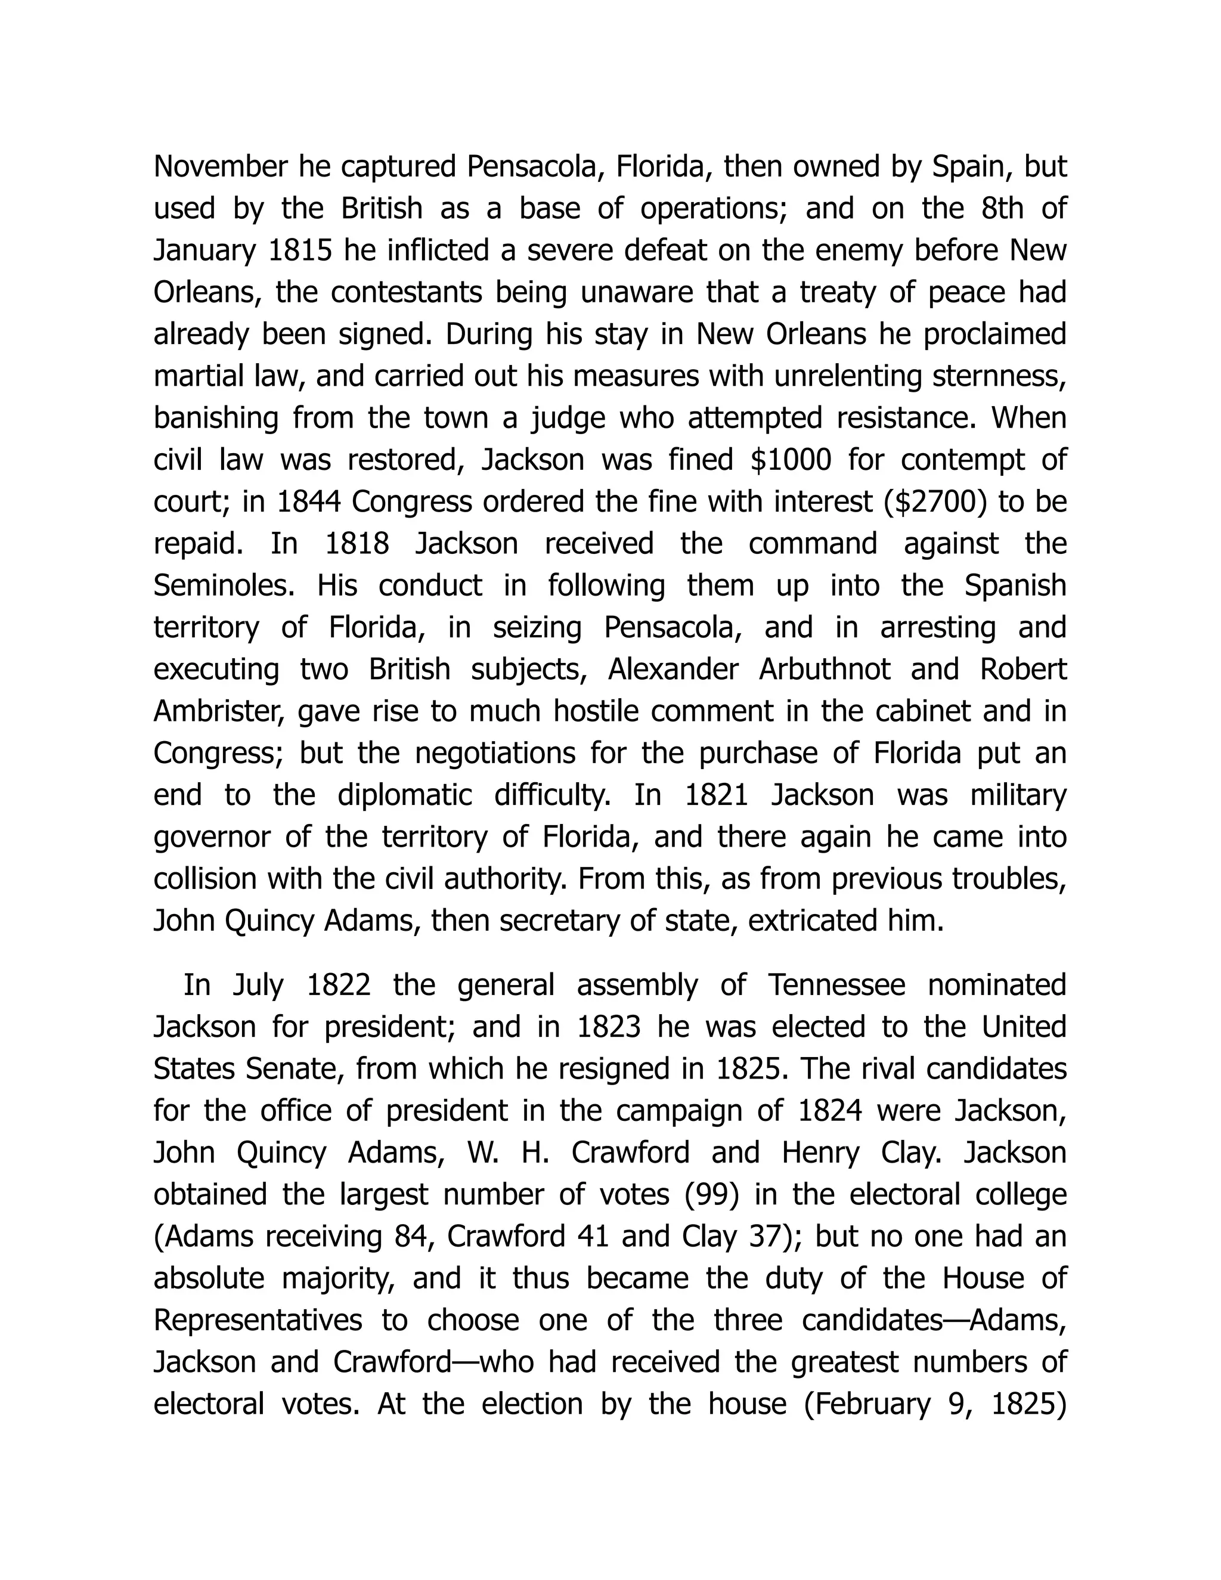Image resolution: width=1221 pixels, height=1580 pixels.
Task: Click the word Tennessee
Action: (836, 986)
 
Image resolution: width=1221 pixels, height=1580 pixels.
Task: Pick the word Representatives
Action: (258, 1320)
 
